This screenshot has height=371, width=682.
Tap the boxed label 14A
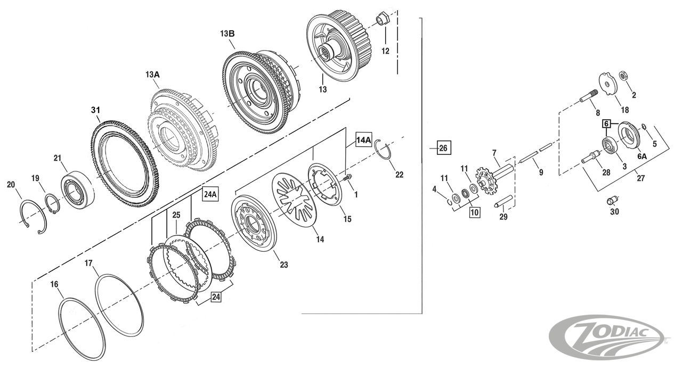(364, 140)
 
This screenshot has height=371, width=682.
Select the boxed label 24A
(210, 195)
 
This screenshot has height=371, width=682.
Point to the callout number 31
(95, 110)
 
